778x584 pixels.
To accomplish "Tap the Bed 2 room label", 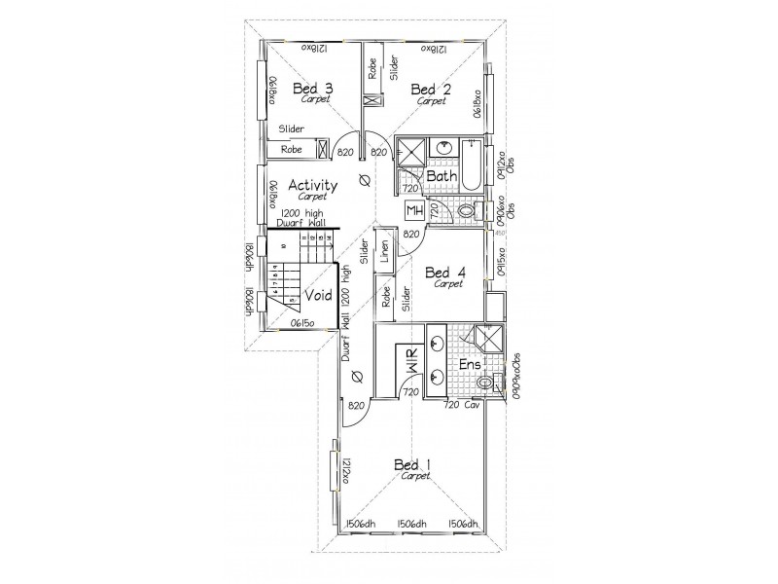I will click(432, 89).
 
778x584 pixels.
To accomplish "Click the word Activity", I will click(313, 185).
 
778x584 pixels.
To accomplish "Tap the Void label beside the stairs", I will click(319, 296).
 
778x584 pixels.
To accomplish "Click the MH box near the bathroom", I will click(412, 209).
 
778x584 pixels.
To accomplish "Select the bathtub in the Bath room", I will click(472, 164).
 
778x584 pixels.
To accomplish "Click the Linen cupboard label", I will click(384, 251).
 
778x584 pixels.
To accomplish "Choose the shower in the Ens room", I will click(480, 338).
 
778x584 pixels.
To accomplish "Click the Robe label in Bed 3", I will click(291, 150).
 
